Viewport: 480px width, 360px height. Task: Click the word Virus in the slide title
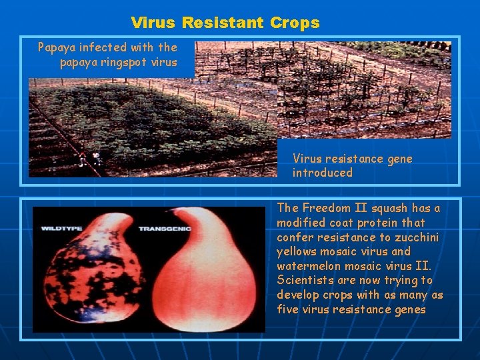(x=153, y=23)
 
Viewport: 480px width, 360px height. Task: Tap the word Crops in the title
(x=295, y=23)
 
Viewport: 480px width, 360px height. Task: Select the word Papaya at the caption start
(x=57, y=47)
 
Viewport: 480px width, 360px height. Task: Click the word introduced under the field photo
(x=322, y=173)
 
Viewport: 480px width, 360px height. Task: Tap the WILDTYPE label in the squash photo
(x=62, y=229)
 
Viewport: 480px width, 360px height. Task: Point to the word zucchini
(x=418, y=237)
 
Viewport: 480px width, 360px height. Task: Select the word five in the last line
(x=288, y=309)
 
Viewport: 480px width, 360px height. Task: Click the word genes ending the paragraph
(x=409, y=309)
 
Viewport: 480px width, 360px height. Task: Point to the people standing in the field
(x=89, y=159)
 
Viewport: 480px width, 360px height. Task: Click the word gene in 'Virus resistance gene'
(x=399, y=159)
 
